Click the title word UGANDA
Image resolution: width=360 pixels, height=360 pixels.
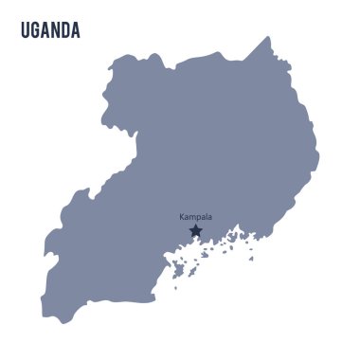(50, 31)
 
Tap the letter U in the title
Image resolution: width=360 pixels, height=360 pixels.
(25, 31)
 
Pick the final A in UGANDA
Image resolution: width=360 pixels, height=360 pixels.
(76, 31)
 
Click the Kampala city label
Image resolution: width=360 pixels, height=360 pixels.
(196, 217)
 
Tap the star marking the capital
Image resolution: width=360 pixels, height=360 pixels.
(195, 230)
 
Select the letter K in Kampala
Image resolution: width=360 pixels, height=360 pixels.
(182, 217)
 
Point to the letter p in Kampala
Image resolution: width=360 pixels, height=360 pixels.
(198, 218)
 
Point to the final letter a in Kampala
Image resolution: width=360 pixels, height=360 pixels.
(209, 217)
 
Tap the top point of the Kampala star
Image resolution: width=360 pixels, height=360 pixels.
(195, 224)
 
